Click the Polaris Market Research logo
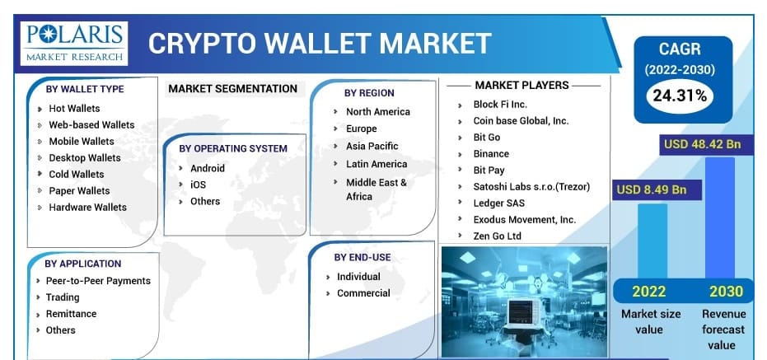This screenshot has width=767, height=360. coord(74,43)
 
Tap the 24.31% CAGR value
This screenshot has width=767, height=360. coord(680,96)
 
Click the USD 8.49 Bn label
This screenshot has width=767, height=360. coord(651,189)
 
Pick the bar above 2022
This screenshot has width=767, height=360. coord(652,241)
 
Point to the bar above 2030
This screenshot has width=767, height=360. coord(719,217)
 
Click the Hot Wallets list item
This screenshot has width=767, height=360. coord(74,109)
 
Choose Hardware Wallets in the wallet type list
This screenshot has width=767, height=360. coord(87,208)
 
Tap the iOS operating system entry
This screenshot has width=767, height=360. coord(198,185)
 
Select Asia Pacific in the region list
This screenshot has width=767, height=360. coord(372,147)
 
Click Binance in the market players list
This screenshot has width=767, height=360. coord(491,154)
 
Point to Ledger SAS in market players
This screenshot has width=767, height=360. coord(498,203)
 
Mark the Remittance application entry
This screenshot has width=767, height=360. coord(71,314)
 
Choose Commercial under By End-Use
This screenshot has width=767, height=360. coord(363,293)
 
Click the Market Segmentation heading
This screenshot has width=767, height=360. coord(232,89)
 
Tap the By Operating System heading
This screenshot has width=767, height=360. coord(233,148)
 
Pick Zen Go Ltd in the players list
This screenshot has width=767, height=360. coord(497,236)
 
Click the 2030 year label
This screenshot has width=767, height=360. coord(726,292)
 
